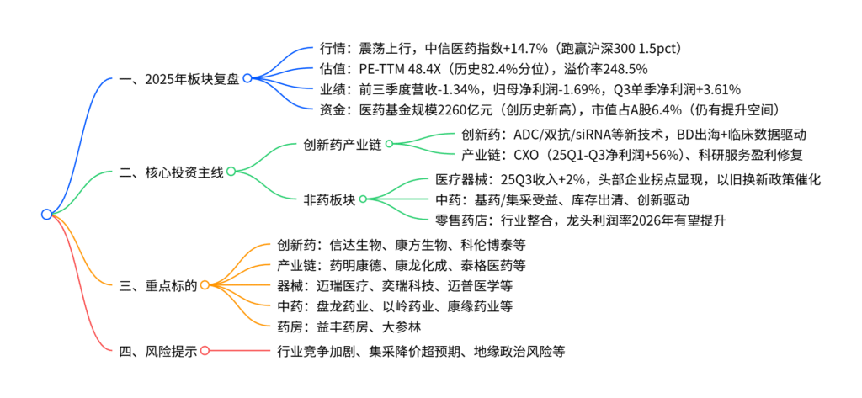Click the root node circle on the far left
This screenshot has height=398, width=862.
tap(46, 215)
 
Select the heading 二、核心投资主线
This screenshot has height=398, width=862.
tap(172, 172)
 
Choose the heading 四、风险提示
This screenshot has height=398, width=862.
tap(158, 351)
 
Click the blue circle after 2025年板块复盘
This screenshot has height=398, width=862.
tap(247, 79)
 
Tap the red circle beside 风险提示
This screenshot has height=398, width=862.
tap(205, 351)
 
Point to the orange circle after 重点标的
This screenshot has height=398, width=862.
tap(205, 286)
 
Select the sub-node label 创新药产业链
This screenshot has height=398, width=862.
tap(342, 144)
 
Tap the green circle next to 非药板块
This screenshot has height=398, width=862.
tap(363, 199)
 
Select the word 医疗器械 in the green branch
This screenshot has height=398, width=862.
tap(461, 179)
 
